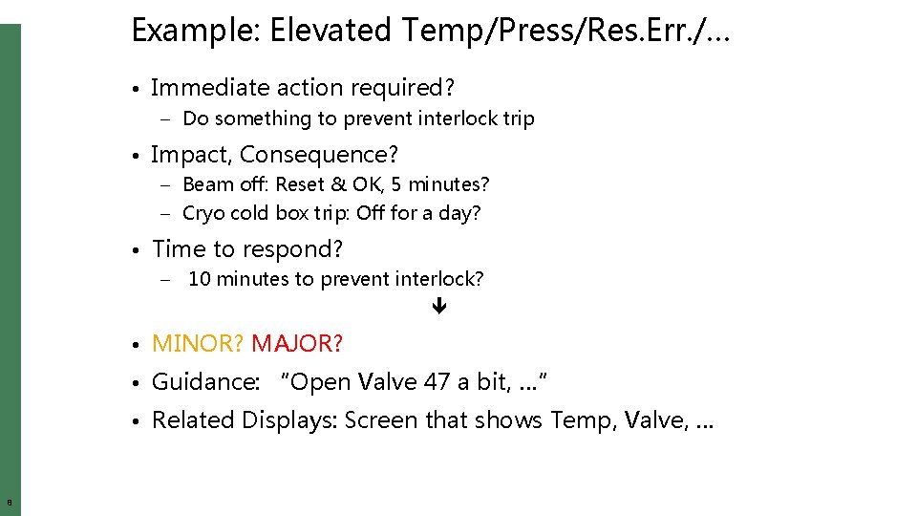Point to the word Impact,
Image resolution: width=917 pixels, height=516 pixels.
pyautogui.click(x=192, y=155)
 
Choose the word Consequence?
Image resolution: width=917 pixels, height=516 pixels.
pyautogui.click(x=319, y=155)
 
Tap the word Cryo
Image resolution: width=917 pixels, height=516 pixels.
pyautogui.click(x=203, y=213)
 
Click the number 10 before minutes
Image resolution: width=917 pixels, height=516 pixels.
pyautogui.click(x=200, y=279)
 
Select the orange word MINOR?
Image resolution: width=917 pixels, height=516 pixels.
pyautogui.click(x=198, y=343)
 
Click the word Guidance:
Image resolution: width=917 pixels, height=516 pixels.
pyautogui.click(x=205, y=382)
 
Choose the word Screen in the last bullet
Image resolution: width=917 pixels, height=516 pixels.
pyautogui.click(x=381, y=420)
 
